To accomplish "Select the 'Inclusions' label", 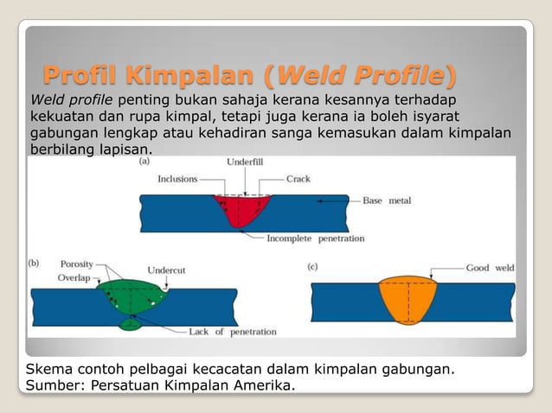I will point(177,180).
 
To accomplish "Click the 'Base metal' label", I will point(387,201).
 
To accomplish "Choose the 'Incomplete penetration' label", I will point(315,238).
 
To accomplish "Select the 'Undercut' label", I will point(166,269).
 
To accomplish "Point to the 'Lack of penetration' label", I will point(233,331).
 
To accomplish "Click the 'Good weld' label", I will point(490,268).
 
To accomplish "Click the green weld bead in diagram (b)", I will point(130,292).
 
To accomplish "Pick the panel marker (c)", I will point(313,267).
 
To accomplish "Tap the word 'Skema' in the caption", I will point(51,370).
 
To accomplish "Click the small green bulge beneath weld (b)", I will point(130,325).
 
